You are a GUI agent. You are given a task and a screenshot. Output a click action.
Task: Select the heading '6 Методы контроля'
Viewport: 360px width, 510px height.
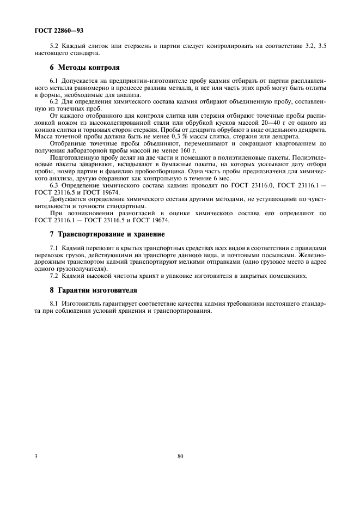pos(84,68)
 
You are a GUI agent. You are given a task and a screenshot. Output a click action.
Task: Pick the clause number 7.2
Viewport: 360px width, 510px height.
pos(54,276)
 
